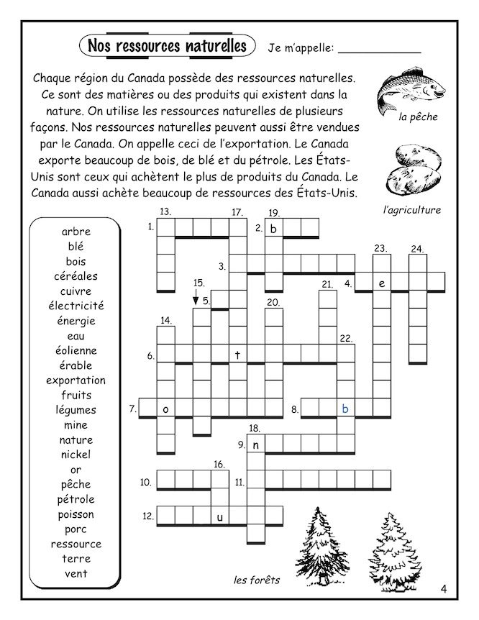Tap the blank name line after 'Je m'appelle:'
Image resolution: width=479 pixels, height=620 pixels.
pos(379,51)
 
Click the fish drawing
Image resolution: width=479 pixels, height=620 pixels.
pos(409,92)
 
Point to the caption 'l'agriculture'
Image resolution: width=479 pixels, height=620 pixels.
pos(412,210)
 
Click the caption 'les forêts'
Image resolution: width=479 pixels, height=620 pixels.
pos(256,580)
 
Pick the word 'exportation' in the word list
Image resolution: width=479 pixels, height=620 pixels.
pos(76,380)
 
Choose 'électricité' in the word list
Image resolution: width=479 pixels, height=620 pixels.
pos(76,306)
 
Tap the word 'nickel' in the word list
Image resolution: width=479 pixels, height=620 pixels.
pos(76,455)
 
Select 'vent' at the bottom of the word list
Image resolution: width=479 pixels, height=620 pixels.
pos(76,573)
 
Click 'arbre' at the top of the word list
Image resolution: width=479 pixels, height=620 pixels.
pos(76,232)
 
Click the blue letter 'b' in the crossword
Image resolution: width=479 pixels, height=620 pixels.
pos(346,409)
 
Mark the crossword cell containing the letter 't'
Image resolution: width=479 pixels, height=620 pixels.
pos(237,354)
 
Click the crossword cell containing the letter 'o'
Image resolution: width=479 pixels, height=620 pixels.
pos(166,409)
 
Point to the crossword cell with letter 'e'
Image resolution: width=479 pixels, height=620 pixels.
pos(382,283)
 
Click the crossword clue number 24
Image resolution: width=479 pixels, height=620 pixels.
pos(416,249)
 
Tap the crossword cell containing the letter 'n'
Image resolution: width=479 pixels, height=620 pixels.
pos(255,445)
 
